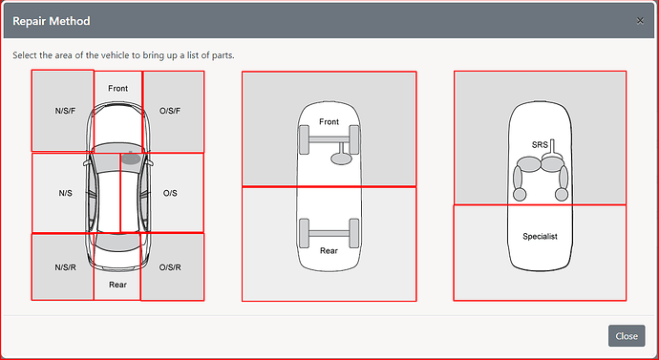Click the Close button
click(627, 335)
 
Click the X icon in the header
click(640, 21)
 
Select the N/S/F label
click(65, 112)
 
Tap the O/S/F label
click(170, 112)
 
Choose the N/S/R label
click(65, 267)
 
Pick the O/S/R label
click(170, 267)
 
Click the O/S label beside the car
click(170, 193)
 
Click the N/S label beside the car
click(65, 193)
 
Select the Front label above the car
click(117, 88)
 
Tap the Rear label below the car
click(117, 285)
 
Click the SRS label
click(540, 145)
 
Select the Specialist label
click(540, 236)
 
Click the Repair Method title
click(52, 21)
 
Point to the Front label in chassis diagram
click(329, 121)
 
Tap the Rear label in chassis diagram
click(329, 250)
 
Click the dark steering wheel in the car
click(131, 158)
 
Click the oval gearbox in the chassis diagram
click(341, 159)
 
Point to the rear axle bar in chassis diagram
click(329, 234)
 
